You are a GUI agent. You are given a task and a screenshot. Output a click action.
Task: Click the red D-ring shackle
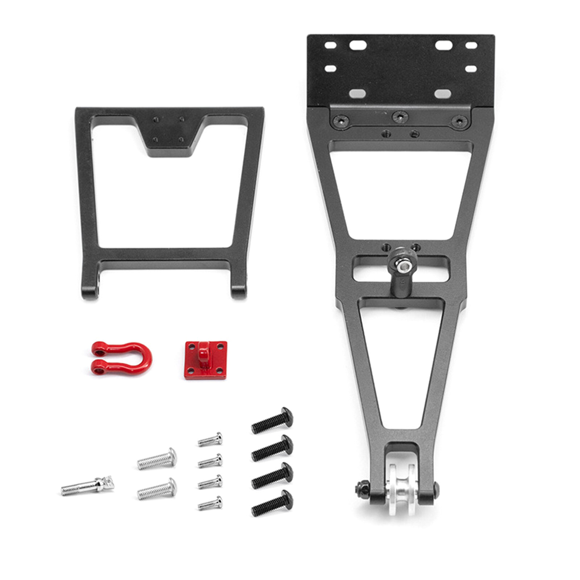(121, 358)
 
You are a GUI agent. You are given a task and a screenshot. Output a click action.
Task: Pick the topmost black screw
(272, 420)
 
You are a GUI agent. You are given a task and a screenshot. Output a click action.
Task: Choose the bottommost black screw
(272, 503)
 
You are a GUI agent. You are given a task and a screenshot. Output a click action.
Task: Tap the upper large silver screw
(157, 459)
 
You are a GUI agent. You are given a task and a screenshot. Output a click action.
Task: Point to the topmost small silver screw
(210, 439)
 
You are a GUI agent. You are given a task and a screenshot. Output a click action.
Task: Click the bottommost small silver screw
(210, 503)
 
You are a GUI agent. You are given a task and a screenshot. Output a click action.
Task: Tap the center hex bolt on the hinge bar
(400, 116)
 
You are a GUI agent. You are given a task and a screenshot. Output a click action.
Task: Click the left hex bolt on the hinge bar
(341, 120)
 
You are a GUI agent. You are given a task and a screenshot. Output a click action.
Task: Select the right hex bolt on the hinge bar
(459, 121)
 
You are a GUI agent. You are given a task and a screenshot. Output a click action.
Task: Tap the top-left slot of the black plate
(330, 45)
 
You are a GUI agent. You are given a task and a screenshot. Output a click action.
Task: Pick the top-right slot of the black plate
(471, 46)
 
